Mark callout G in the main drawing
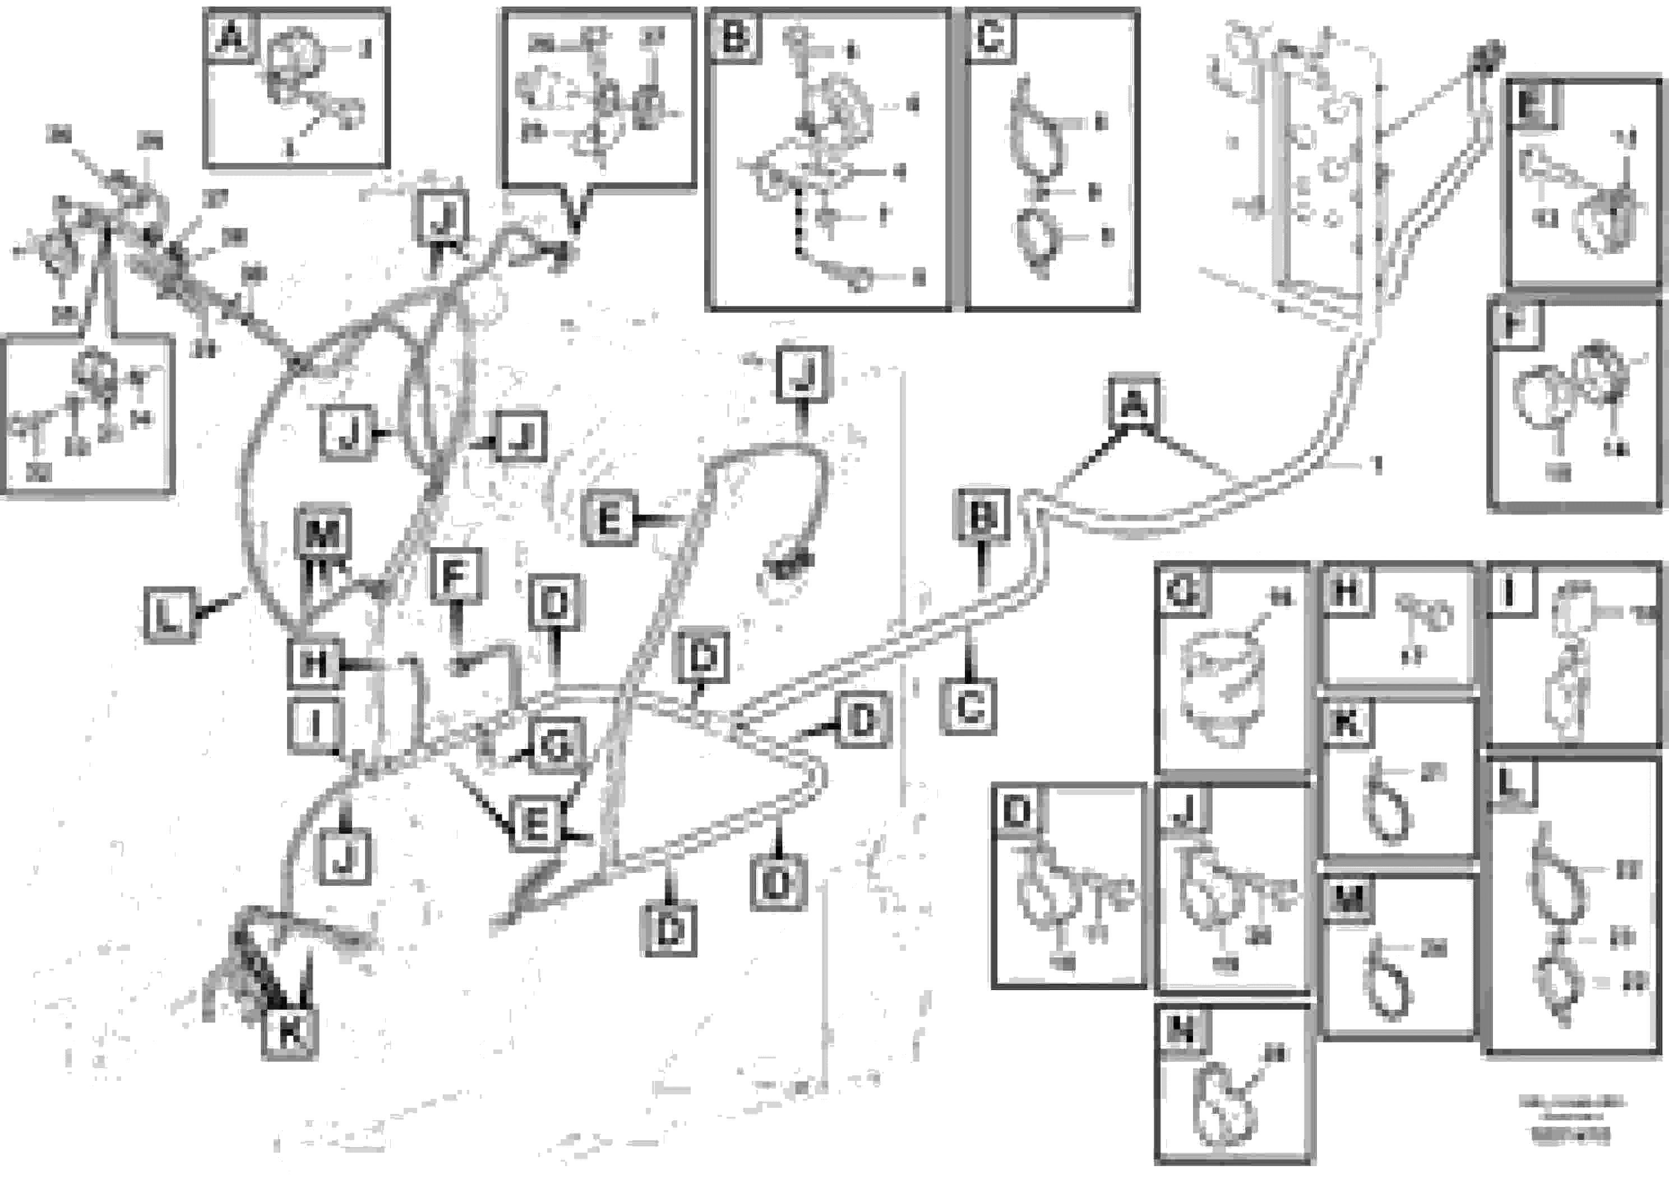[556, 746]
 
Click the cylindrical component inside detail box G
[1223, 686]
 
